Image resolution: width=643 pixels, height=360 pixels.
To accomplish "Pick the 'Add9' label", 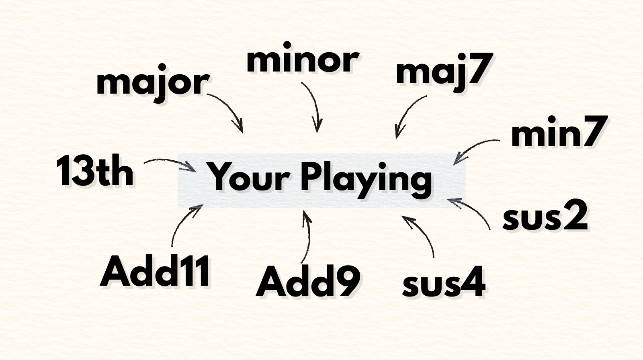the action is coord(307,282).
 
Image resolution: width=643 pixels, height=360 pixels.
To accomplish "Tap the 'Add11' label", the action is coord(155,272).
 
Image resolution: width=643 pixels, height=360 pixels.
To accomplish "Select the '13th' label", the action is coord(95,172).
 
